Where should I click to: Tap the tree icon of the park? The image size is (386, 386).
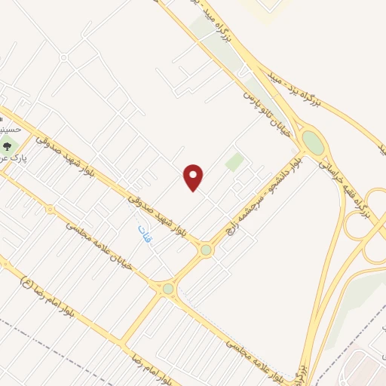[8, 146]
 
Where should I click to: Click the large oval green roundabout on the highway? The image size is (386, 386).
[311, 142]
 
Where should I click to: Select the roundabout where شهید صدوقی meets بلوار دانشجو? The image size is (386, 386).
[205, 250]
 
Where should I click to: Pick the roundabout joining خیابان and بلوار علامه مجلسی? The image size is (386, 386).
[167, 289]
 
